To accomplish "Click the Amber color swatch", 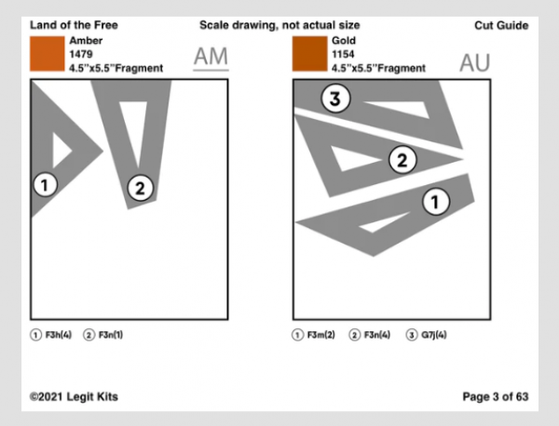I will (x=47, y=55).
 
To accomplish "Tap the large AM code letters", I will (x=211, y=59).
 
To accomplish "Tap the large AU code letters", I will (x=474, y=62).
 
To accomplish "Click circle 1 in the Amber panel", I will (x=45, y=184).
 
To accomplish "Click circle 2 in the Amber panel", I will (x=139, y=188).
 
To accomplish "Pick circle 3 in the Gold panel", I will (x=336, y=100).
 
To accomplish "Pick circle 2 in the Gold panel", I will (x=402, y=160).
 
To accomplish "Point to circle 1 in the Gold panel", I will (x=436, y=199).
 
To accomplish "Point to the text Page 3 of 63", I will (x=496, y=397).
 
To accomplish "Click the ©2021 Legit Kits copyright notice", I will (x=74, y=397).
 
